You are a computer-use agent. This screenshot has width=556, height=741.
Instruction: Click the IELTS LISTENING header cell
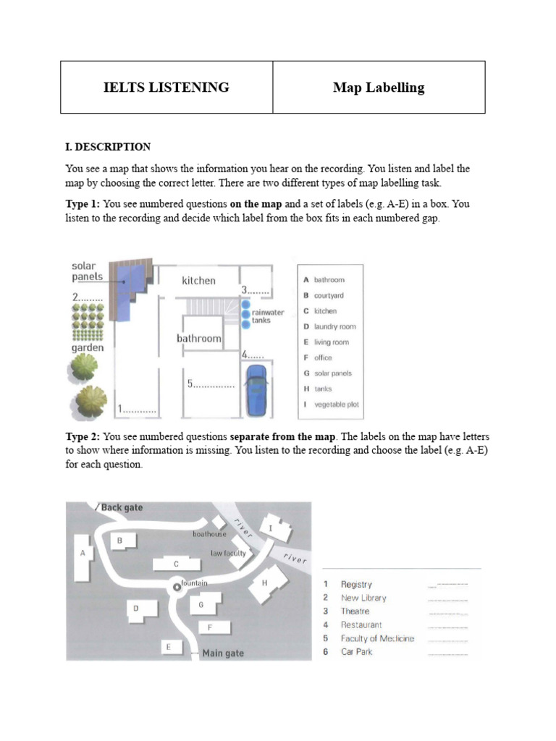point(167,88)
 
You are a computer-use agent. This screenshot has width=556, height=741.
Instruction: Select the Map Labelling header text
point(379,88)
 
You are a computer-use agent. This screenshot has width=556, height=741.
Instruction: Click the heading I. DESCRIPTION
point(108,147)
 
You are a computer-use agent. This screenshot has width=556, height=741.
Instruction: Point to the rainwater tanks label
point(268,316)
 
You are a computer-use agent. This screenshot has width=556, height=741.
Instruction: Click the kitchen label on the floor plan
point(198,281)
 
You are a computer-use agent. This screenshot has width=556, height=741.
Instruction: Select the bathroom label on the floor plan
point(199,338)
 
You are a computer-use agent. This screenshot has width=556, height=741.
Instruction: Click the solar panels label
point(87,271)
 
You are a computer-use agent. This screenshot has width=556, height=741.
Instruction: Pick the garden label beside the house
point(87,348)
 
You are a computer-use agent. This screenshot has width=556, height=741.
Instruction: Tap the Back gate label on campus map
point(122,508)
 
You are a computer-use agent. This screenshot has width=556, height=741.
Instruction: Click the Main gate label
point(223,653)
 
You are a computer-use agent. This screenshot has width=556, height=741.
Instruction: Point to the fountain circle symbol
point(175,588)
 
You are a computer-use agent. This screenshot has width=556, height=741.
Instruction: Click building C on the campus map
point(176,564)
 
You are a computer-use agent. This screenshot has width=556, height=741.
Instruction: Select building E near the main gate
point(169,647)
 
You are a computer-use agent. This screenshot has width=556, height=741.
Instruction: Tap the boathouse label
point(209,534)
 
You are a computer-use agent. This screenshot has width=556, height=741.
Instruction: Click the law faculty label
point(228,553)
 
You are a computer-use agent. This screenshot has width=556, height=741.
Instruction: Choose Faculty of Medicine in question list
point(377,638)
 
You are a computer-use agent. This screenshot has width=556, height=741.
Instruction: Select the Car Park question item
point(356,652)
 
